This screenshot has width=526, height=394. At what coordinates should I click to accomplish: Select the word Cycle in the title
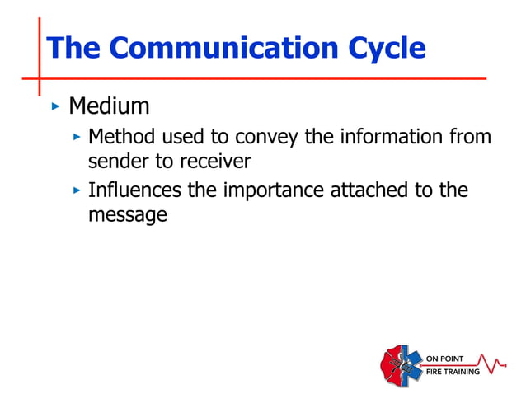[386, 49]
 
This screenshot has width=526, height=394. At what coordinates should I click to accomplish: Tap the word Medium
[109, 106]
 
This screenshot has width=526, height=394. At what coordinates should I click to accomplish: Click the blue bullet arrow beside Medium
[55, 106]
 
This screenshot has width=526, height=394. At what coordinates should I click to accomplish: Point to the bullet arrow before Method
[77, 135]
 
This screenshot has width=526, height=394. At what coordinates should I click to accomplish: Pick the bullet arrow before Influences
[77, 190]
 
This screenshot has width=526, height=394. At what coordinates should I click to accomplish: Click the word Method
[122, 135]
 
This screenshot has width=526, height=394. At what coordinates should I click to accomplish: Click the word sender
[115, 160]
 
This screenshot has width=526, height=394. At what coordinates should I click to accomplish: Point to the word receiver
[214, 160]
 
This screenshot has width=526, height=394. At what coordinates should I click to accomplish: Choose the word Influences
[135, 190]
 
